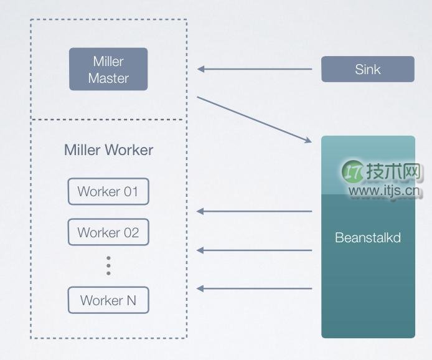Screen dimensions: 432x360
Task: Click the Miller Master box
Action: [108, 69]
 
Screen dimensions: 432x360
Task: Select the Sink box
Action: [368, 69]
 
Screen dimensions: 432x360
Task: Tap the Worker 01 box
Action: [108, 191]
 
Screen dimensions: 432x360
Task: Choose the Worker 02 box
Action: [108, 232]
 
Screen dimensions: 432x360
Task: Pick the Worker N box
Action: [108, 300]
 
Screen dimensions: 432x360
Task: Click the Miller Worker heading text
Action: [108, 150]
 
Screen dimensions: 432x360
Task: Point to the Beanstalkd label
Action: [368, 237]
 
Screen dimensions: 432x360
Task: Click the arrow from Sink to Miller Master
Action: [255, 69]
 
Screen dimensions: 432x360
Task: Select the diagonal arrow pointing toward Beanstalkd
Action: [255, 120]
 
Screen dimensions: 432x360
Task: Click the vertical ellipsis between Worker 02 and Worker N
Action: [108, 266]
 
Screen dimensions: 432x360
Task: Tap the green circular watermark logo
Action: [353, 171]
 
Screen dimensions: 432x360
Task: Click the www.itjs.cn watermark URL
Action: [385, 191]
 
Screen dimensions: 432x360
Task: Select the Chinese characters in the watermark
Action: [393, 171]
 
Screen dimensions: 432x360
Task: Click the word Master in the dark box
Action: [108, 78]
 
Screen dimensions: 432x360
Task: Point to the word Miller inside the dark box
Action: [108, 61]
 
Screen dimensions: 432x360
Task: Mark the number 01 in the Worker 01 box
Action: [131, 192]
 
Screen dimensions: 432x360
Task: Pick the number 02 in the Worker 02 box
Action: [131, 232]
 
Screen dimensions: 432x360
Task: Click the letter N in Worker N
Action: [131, 300]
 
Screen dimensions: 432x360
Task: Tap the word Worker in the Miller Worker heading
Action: [129, 150]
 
